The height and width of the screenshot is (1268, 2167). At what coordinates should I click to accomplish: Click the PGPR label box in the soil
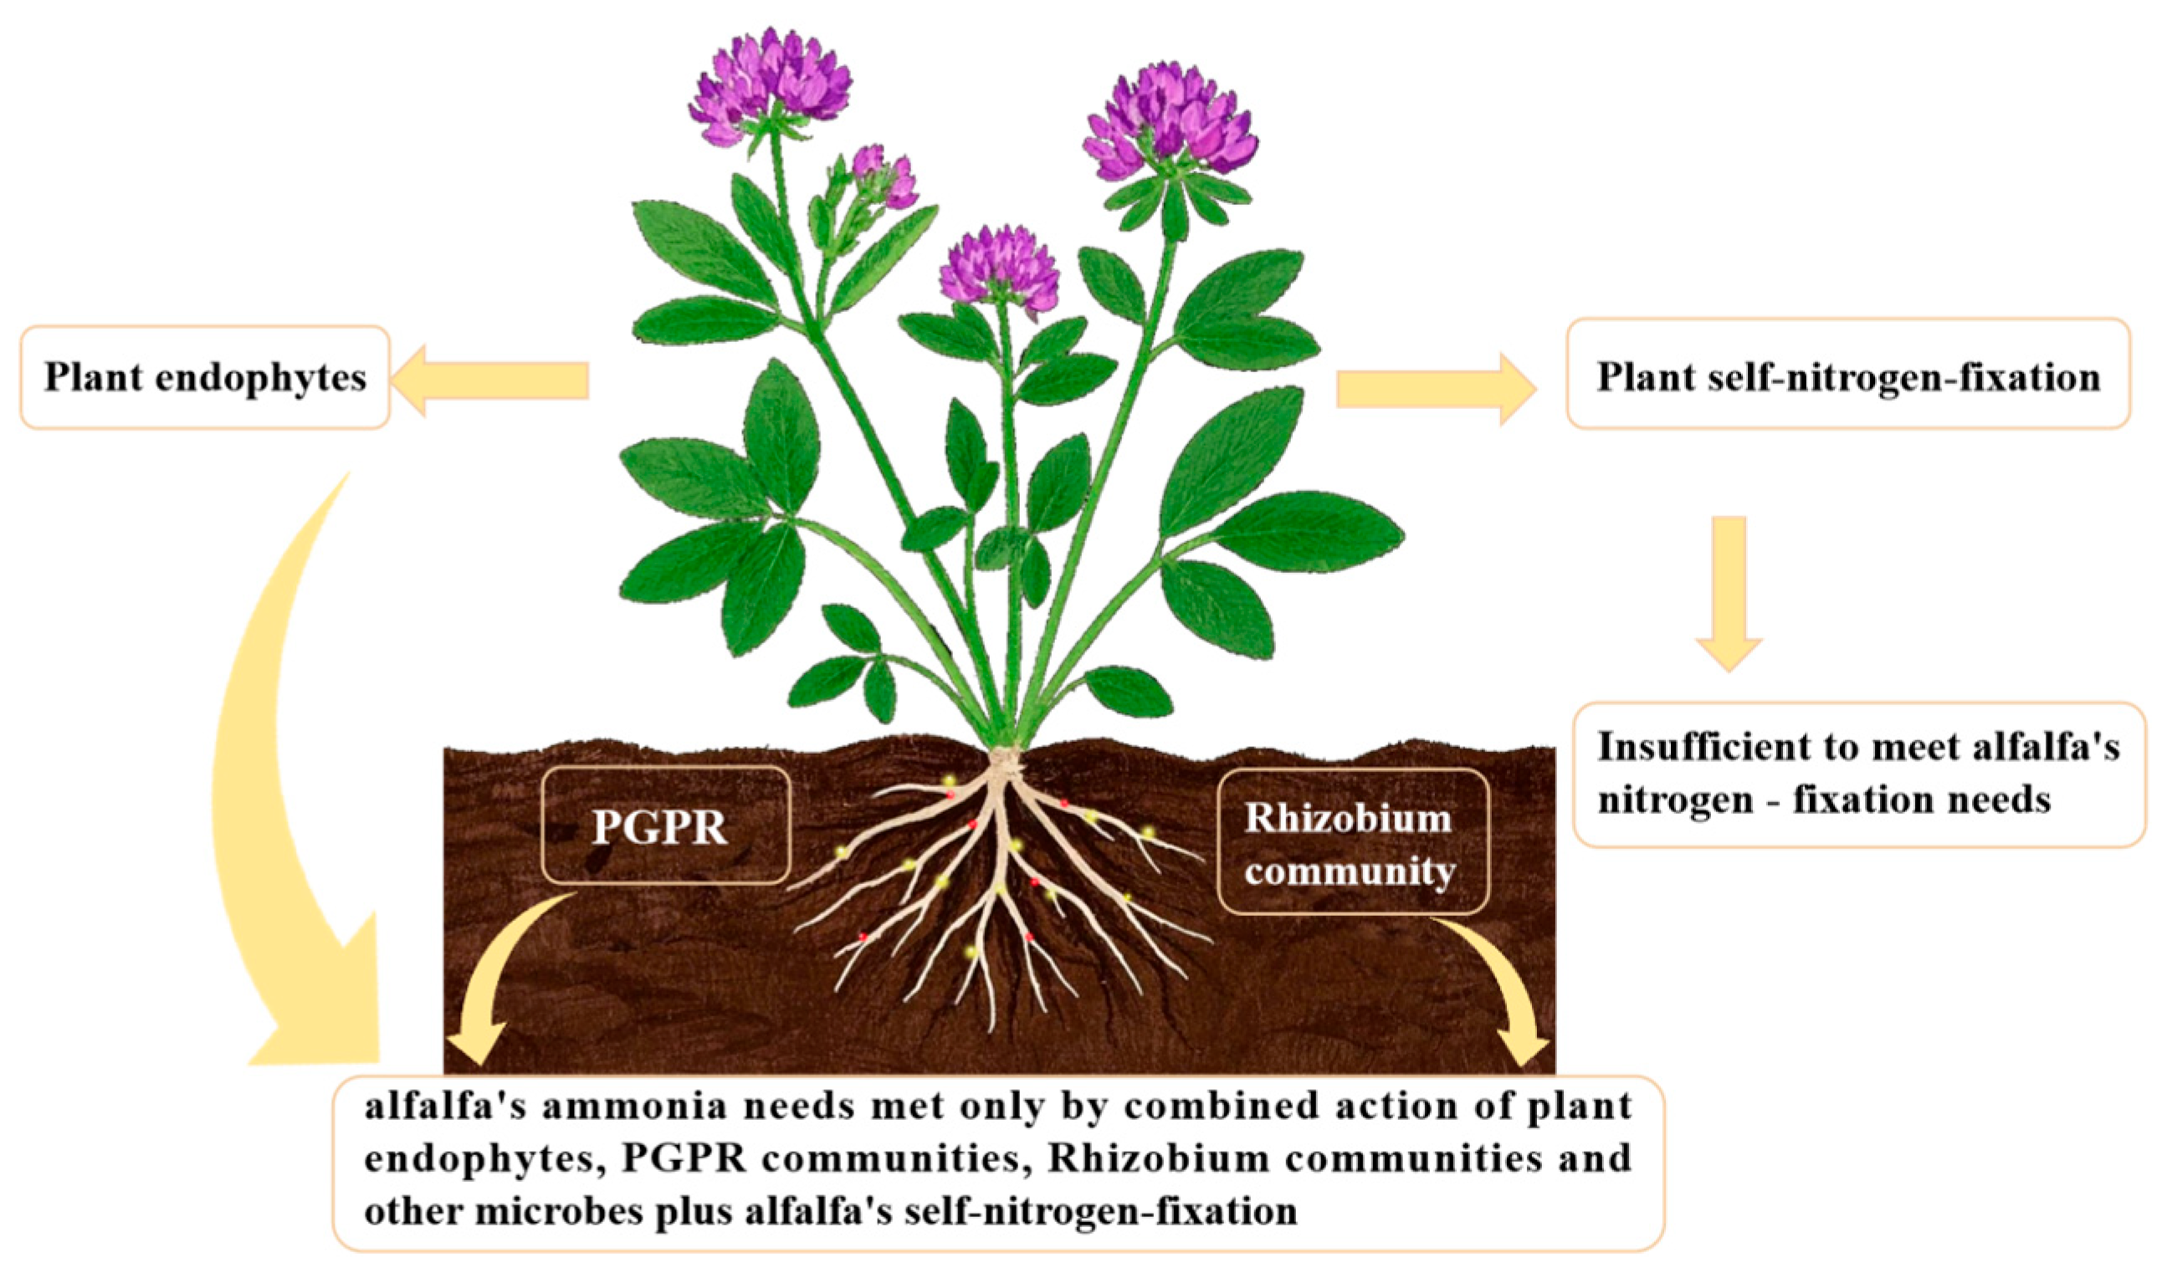click(x=663, y=825)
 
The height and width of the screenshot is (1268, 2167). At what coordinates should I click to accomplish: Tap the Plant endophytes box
click(x=205, y=376)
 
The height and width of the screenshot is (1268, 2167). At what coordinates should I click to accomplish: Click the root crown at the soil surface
click(x=1002, y=762)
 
